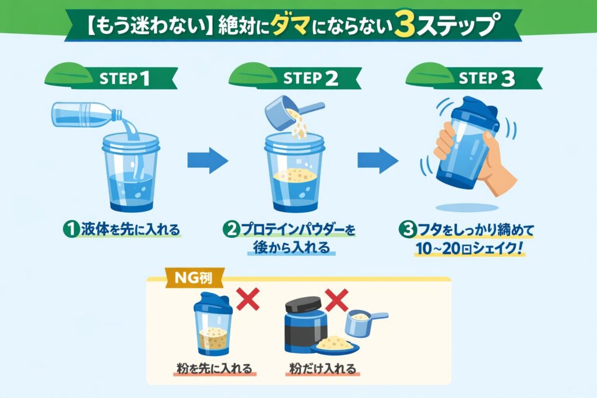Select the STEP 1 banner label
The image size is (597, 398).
pyautogui.click(x=124, y=79)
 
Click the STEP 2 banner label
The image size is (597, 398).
pyautogui.click(x=310, y=79)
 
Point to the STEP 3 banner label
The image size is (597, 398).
pyautogui.click(x=487, y=79)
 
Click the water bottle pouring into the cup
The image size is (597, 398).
pyautogui.click(x=87, y=115)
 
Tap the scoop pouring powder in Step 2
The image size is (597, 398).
pyautogui.click(x=293, y=112)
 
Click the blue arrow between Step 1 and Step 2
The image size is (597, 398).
pyautogui.click(x=208, y=161)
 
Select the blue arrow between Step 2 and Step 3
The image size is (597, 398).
pyautogui.click(x=378, y=161)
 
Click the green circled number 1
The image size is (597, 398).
pyautogui.click(x=71, y=230)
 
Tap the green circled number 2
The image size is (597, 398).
pyautogui.click(x=231, y=230)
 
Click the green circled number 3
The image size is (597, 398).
pyautogui.click(x=408, y=230)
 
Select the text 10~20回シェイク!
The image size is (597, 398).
pyautogui.click(x=469, y=248)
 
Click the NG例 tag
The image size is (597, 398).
pyautogui.click(x=193, y=278)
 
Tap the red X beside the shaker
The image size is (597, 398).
pyautogui.click(x=248, y=299)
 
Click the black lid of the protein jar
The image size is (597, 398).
pyautogui.click(x=303, y=304)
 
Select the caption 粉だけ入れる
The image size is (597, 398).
pyautogui.click(x=322, y=368)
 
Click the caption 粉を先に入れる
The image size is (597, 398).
pyautogui.click(x=215, y=368)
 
